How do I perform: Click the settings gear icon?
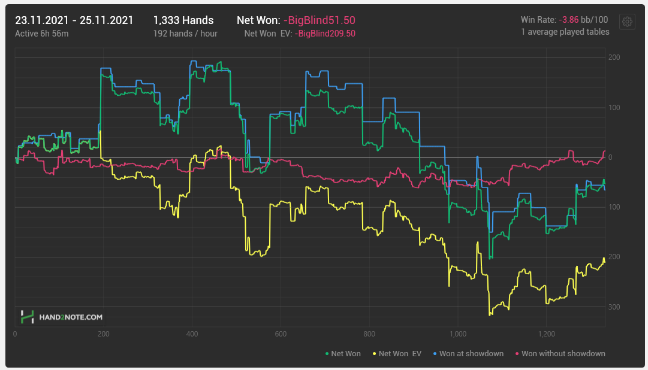coord(627,22)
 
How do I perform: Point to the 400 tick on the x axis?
coord(192,335)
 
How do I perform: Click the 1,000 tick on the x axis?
coord(457,335)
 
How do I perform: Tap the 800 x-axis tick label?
coord(369,335)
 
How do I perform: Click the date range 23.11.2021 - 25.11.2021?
coord(74,20)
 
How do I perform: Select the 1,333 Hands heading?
coord(183,20)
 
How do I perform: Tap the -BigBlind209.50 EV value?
coord(325,34)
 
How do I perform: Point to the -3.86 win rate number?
coord(568,20)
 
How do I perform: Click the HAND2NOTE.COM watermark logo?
coord(61,317)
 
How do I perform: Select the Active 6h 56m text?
coord(41,34)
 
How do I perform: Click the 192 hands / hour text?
coord(185,34)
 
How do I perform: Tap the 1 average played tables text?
coord(565,32)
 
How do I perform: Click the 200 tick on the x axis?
coord(103,335)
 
